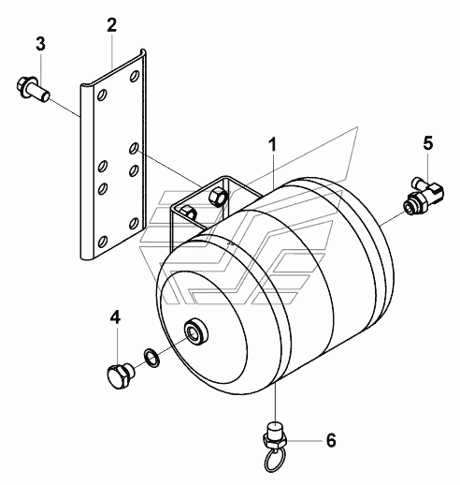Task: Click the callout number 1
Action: point(273,145)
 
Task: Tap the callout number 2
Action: point(111,25)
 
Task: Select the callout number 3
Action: point(40,44)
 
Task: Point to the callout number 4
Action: point(115,317)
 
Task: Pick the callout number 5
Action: point(428,143)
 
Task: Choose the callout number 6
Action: point(331,440)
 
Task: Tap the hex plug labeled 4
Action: point(121,375)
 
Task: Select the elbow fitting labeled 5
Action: point(424,194)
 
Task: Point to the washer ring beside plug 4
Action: point(151,358)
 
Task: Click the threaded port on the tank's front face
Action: point(196,332)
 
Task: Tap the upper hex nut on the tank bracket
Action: point(218,197)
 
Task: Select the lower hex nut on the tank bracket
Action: point(188,213)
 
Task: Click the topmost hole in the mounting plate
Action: point(135,76)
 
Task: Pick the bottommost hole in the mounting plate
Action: point(102,242)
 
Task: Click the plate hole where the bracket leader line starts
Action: point(134,148)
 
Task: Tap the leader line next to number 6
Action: point(304,441)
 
